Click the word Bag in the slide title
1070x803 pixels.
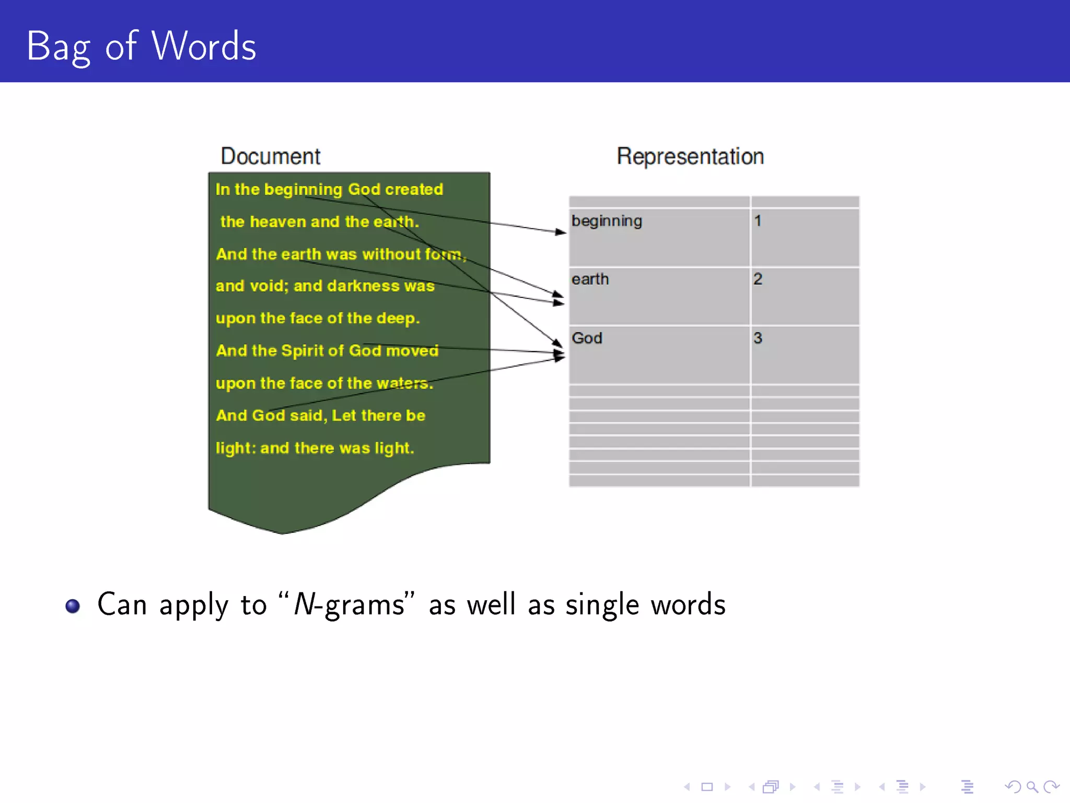click(58, 47)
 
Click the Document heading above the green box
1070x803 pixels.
click(270, 156)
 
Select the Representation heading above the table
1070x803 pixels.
click(690, 156)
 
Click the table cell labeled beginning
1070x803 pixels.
click(607, 221)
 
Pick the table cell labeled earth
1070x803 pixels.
click(590, 279)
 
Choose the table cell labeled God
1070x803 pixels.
click(587, 338)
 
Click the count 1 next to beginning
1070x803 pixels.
click(758, 221)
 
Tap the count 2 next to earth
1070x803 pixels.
click(758, 279)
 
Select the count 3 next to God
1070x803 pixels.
click(758, 338)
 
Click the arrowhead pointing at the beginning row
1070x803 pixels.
click(561, 232)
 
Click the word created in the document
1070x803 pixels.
click(414, 189)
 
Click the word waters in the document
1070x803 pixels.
click(404, 383)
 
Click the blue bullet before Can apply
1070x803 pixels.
click(73, 606)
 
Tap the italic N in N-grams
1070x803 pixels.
click(304, 604)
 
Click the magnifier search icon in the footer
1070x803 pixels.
click(1031, 787)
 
